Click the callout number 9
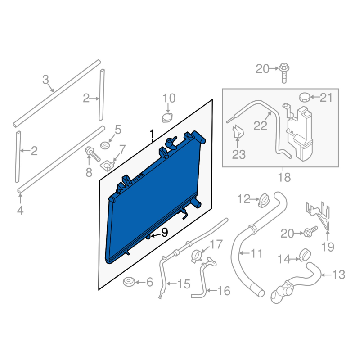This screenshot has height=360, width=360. pos(165,233)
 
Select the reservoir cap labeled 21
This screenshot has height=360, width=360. pos(305,97)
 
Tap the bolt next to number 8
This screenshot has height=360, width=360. pos(93,154)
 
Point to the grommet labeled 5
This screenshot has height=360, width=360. pos(105,145)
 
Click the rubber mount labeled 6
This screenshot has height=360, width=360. pos(129,282)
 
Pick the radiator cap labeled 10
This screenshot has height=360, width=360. pos(167,118)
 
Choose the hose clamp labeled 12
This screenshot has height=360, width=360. pos(265,200)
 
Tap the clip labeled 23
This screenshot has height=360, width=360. pos(238,132)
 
